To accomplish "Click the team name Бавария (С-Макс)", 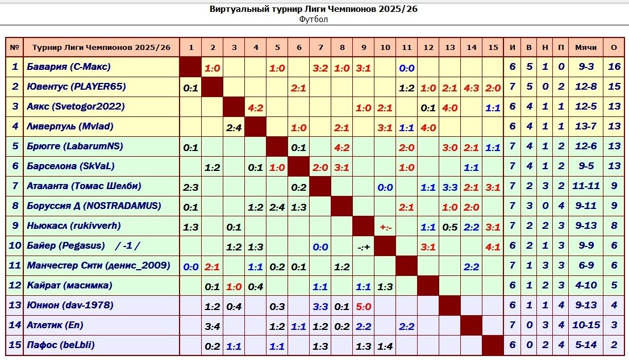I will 69,67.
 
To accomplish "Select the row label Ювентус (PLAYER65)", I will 76,87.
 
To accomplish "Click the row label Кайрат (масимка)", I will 69,286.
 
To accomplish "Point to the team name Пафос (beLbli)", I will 61,345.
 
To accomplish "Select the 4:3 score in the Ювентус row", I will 471,87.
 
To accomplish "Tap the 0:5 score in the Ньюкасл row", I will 450,227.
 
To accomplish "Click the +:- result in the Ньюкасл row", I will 385,227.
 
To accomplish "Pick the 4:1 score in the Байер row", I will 493,246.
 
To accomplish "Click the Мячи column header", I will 586,47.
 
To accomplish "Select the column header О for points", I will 614,47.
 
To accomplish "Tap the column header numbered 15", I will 493,47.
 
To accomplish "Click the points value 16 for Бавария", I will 614,67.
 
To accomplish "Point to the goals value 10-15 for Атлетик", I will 586,325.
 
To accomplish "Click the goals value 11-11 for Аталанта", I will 586,186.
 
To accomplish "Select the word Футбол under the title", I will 314,19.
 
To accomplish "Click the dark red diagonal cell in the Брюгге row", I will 277,146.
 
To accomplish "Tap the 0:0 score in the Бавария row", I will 406,68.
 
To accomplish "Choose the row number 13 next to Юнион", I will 15,305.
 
